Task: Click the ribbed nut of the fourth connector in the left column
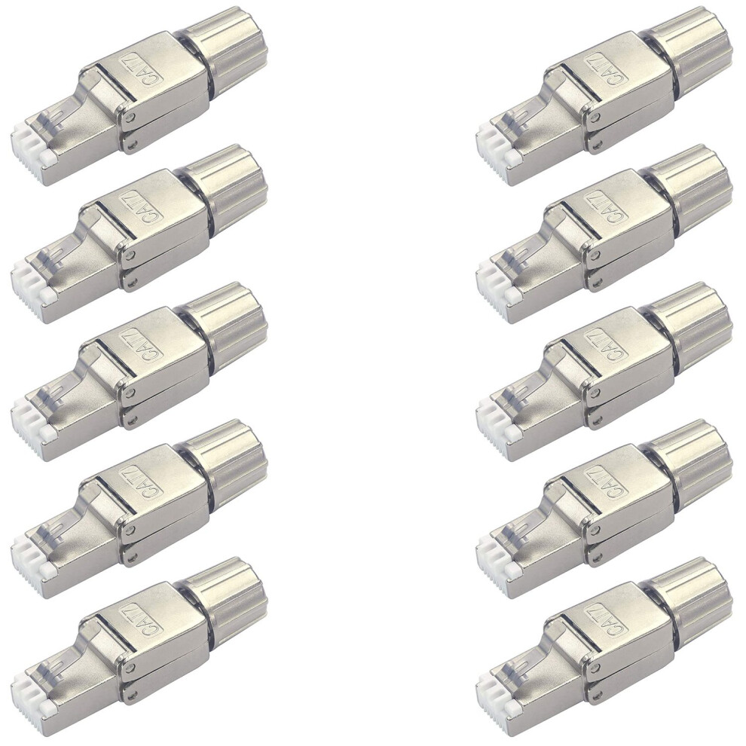[x=227, y=452]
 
